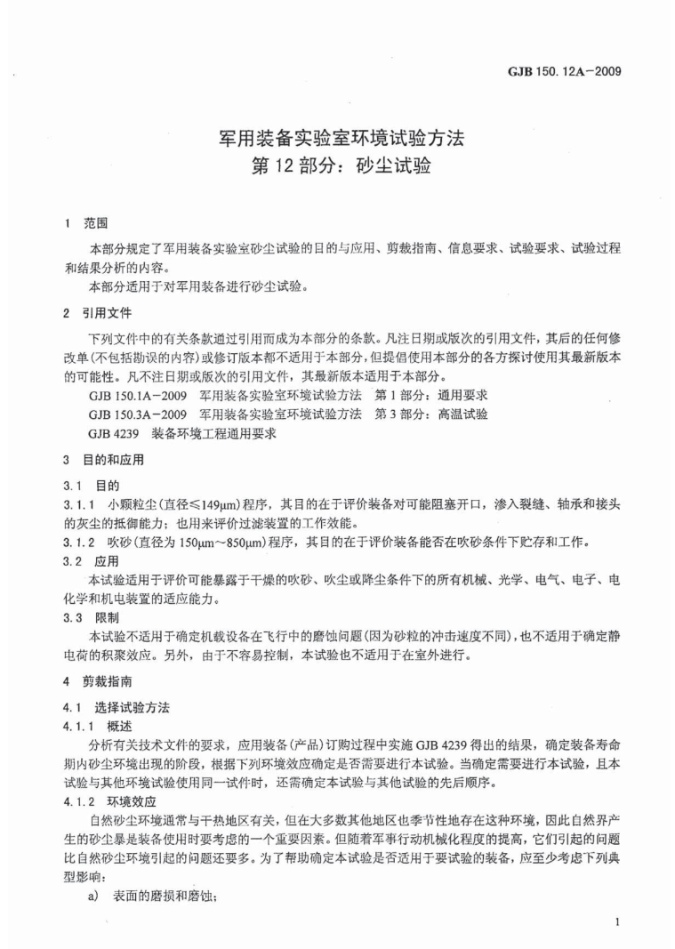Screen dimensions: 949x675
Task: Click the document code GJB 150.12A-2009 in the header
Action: (x=577, y=69)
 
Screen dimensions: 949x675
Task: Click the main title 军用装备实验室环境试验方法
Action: (x=341, y=139)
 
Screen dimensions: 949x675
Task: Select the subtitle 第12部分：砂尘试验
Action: (x=342, y=166)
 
